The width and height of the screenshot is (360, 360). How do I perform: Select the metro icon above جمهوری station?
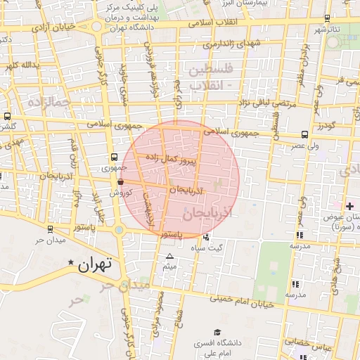(114, 157)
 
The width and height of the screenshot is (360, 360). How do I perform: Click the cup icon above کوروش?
(121, 181)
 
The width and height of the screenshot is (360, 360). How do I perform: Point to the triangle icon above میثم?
(169, 256)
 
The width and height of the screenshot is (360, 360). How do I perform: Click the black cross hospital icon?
(349, 205)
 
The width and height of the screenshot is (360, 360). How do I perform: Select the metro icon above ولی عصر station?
(304, 134)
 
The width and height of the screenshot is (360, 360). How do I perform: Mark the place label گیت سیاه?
(220, 248)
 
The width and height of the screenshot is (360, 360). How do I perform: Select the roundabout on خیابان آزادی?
(96, 27)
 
